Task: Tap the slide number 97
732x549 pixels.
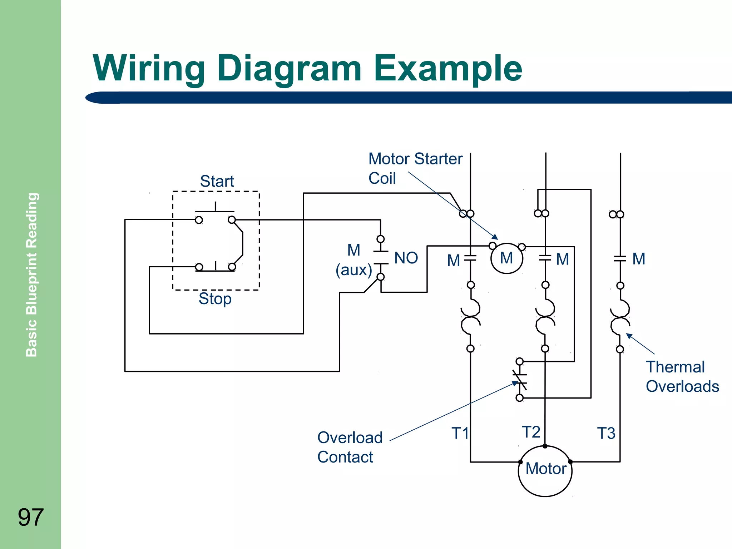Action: tap(31, 517)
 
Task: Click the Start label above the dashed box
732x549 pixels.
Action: tap(217, 181)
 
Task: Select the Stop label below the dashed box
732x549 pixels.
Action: tap(215, 298)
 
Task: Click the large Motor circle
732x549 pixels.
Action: tap(545, 471)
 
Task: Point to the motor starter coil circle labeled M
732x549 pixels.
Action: tap(506, 258)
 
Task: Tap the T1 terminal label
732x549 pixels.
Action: tap(460, 433)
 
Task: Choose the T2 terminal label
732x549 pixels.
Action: tap(531, 432)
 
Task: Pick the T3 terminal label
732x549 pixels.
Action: tap(606, 433)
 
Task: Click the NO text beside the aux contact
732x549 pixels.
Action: tap(406, 258)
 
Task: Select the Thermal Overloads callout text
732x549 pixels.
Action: tap(682, 377)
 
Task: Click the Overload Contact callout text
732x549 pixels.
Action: tap(350, 447)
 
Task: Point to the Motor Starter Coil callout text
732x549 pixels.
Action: tap(415, 168)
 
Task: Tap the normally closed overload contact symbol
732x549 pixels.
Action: tap(520, 380)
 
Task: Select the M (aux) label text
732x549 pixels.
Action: tap(353, 260)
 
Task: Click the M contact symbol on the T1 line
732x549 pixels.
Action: tap(470, 258)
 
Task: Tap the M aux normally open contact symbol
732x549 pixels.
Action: tap(381, 258)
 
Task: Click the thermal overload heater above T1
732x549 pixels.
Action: tap(470, 317)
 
